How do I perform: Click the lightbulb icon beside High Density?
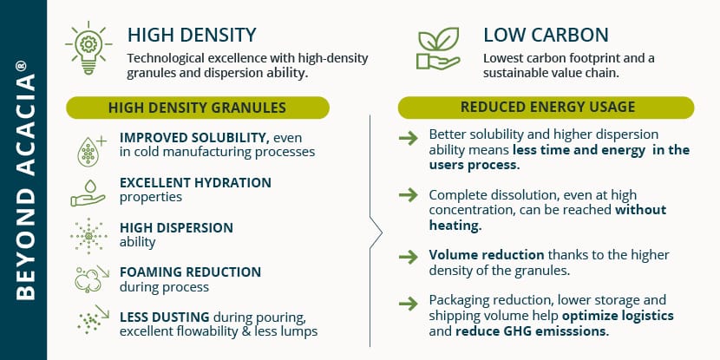(x=88, y=48)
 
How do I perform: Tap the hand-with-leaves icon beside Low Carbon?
(x=438, y=49)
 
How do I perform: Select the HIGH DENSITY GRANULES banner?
(x=198, y=108)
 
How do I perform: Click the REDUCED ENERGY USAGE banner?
(x=546, y=108)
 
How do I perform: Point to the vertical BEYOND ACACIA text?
(x=25, y=180)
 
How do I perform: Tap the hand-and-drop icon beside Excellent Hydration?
(x=88, y=193)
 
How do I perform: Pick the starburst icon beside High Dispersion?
(x=88, y=236)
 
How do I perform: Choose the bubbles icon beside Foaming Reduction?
(x=92, y=279)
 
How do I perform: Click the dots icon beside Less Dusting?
(x=93, y=318)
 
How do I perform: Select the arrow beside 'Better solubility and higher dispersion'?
(x=409, y=138)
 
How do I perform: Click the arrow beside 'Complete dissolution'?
(x=409, y=195)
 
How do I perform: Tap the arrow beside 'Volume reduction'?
(x=409, y=257)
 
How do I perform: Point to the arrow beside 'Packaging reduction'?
(x=409, y=303)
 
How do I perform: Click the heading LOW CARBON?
(x=546, y=36)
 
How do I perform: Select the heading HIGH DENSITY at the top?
(x=192, y=36)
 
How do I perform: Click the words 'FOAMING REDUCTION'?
(x=190, y=272)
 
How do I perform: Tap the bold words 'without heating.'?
(x=547, y=218)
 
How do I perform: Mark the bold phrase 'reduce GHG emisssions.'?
(x=533, y=331)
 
